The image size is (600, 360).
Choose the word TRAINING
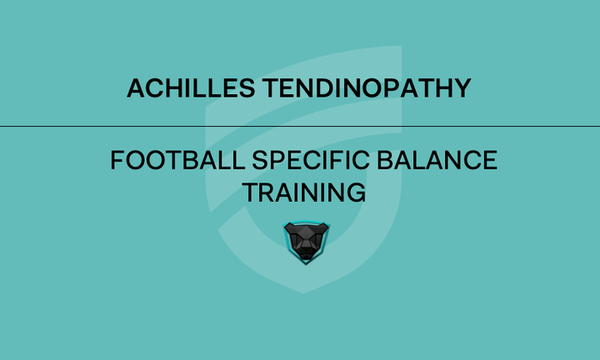[x=304, y=192]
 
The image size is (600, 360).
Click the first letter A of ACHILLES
[x=135, y=87]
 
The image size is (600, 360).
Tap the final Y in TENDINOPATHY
[x=464, y=87]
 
